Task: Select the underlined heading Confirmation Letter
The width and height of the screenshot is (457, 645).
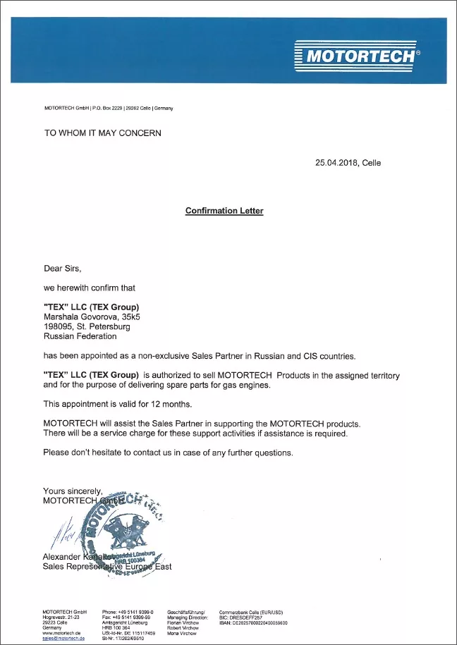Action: click(x=224, y=211)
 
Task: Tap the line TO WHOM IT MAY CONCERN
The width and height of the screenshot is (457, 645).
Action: click(x=103, y=133)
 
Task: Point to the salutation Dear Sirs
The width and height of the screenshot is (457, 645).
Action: click(x=63, y=269)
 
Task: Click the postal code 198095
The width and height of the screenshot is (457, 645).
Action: click(x=59, y=326)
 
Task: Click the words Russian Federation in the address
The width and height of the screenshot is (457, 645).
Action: click(x=77, y=336)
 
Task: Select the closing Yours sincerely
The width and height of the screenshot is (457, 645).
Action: click(x=73, y=491)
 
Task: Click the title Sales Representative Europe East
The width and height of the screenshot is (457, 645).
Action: click(x=107, y=566)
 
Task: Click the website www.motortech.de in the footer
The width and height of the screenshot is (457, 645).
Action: click(x=64, y=633)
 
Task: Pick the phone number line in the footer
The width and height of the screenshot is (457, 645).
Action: click(x=128, y=612)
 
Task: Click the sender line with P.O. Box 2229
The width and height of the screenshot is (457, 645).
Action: click(x=109, y=108)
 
